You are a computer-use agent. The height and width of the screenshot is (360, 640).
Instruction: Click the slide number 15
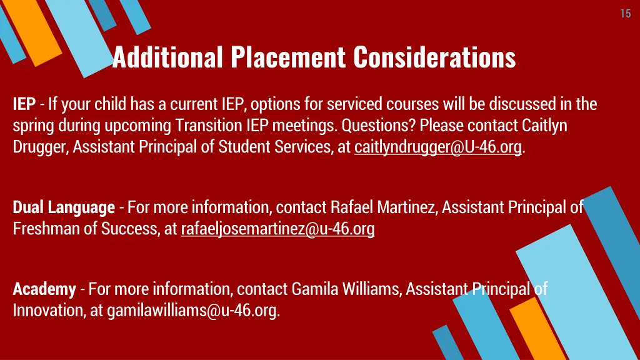tap(626, 14)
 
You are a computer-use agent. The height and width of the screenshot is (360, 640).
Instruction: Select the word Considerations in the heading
tap(434, 57)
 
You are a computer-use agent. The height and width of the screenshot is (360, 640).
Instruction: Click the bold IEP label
tap(24, 104)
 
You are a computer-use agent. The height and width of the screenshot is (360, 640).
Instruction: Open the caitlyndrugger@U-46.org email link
tap(437, 148)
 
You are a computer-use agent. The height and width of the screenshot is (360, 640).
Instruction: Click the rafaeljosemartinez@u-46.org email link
tap(277, 229)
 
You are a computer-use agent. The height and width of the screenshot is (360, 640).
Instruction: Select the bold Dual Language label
tap(64, 207)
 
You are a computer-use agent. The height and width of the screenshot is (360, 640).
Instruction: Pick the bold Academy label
tap(44, 289)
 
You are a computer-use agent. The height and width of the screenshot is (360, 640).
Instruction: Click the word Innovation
tap(47, 311)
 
